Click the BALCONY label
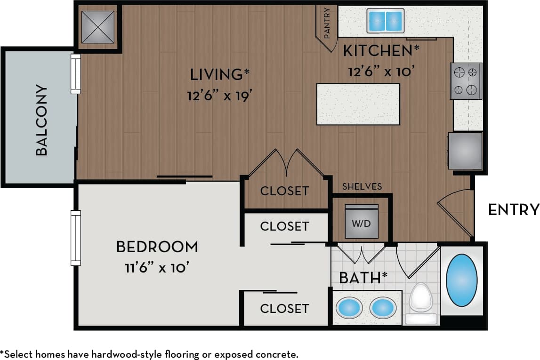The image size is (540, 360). point(41,120)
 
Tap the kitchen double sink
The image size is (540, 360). point(386,21)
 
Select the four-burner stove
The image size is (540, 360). point(466,81)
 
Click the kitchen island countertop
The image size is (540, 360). point(358,104)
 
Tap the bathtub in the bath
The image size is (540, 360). point(461,280)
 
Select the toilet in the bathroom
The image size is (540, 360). point(420,301)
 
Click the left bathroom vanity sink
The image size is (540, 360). point(349,308)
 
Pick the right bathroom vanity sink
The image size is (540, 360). point(383,308)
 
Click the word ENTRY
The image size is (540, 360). point(513,209)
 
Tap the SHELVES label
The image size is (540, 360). point(362,187)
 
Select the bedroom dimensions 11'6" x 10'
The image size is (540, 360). point(157,268)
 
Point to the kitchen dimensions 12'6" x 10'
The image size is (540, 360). point(381,72)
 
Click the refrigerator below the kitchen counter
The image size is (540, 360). point(465,151)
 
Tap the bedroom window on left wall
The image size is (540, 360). point(75,238)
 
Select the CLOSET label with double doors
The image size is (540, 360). point(284,191)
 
